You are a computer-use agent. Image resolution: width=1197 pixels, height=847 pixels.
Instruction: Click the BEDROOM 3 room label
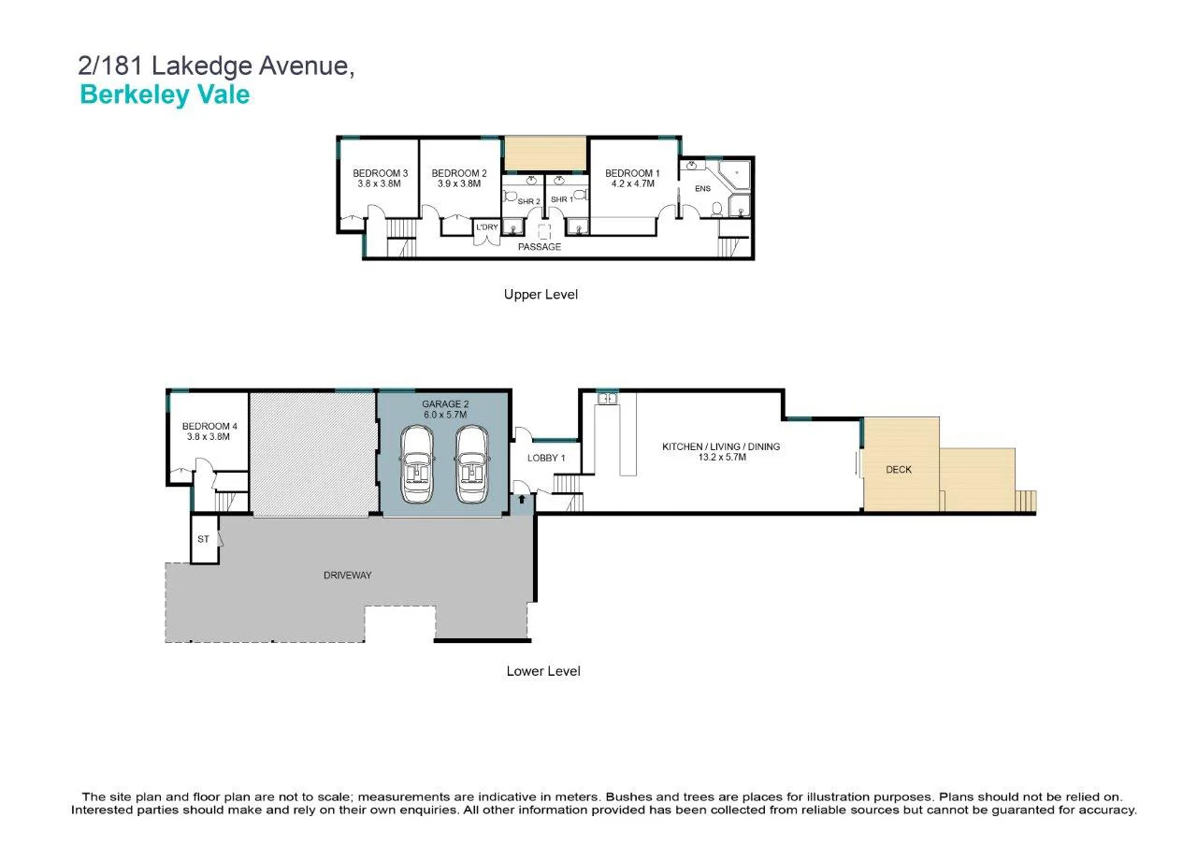click(x=380, y=173)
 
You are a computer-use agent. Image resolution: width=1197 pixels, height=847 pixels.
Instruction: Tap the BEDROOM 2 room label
click(x=459, y=173)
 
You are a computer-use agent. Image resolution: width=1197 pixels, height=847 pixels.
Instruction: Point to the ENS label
click(x=702, y=189)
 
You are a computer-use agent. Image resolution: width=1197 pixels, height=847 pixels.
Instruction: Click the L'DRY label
click(x=487, y=227)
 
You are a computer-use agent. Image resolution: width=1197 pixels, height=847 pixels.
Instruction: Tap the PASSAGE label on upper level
click(x=540, y=247)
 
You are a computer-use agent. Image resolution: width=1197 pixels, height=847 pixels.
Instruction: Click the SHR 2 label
click(x=529, y=201)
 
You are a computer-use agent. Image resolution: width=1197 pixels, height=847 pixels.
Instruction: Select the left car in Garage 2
click(x=415, y=464)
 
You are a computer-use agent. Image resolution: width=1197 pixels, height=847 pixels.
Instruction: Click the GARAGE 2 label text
click(x=444, y=404)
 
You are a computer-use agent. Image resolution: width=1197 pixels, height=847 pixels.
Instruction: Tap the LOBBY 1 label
click(x=547, y=458)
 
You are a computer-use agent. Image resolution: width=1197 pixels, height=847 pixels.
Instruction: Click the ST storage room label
click(x=203, y=540)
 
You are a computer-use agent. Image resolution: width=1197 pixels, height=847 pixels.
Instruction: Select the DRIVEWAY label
click(x=347, y=575)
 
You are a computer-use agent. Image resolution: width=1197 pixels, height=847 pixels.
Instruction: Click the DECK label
click(x=899, y=470)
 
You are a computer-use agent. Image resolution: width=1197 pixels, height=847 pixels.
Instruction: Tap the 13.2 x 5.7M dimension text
click(x=720, y=459)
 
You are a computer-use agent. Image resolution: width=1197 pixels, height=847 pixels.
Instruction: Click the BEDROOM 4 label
click(x=208, y=426)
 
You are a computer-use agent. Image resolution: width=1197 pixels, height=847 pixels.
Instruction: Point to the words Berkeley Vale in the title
click(x=165, y=95)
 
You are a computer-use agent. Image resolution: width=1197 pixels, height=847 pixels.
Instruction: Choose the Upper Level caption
click(x=541, y=294)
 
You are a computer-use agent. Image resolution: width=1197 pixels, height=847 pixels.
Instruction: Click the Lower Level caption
click(x=543, y=671)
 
